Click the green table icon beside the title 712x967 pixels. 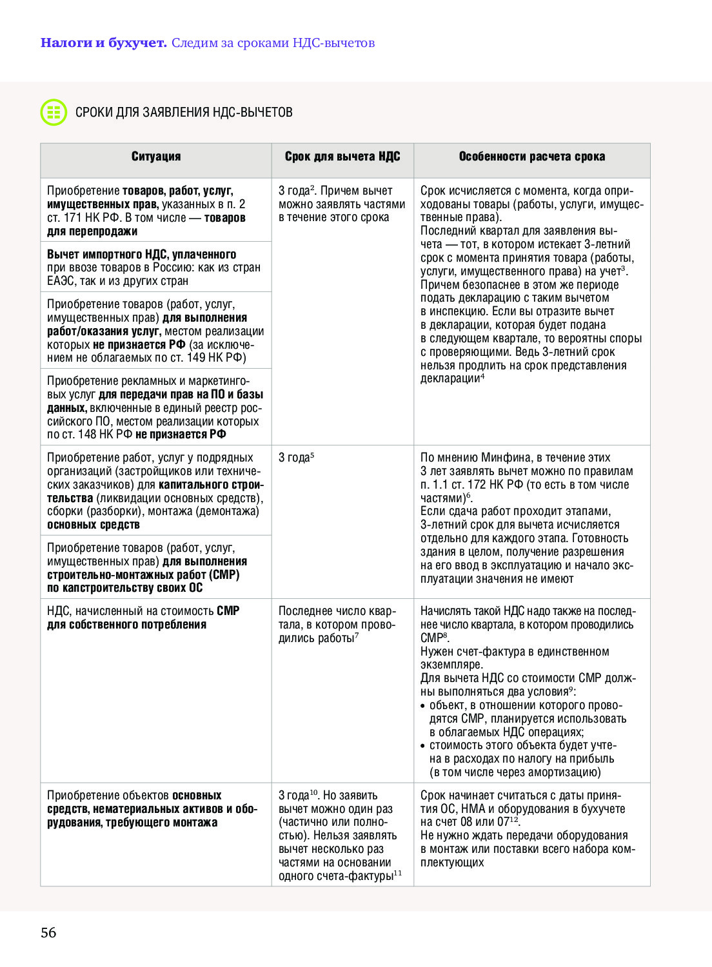[x=54, y=112]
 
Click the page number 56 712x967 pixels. [x=48, y=932]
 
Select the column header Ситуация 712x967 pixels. [x=156, y=157]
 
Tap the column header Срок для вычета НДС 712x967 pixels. [x=342, y=157]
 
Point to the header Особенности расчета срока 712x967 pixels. [x=531, y=157]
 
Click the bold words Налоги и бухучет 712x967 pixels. [x=103, y=43]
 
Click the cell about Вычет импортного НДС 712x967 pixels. [x=155, y=268]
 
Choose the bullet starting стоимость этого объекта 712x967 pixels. [x=522, y=759]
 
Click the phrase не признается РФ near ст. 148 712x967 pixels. [x=181, y=435]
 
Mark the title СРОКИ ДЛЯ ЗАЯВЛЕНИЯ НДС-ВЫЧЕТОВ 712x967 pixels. [x=184, y=112]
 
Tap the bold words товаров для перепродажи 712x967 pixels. [x=146, y=224]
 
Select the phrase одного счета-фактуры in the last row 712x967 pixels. [x=336, y=876]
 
